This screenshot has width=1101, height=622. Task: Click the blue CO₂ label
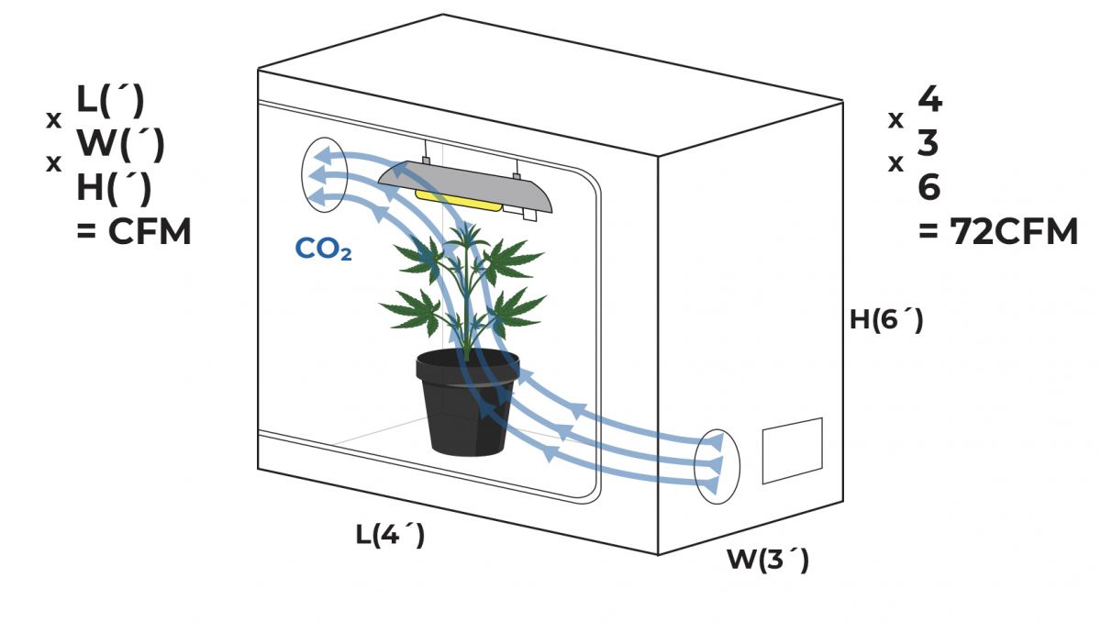[323, 250]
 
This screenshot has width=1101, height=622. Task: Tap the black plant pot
[467, 413]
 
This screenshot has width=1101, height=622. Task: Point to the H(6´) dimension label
[886, 320]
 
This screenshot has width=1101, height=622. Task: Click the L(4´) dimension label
[391, 534]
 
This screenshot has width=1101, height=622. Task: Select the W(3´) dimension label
[768, 559]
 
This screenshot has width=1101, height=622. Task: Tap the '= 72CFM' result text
[998, 232]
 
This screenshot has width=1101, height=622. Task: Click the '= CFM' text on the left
[134, 232]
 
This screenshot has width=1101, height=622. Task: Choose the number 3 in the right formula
[929, 144]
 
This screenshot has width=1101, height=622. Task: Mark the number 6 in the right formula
[929, 188]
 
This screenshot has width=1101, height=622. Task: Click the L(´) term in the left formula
[111, 100]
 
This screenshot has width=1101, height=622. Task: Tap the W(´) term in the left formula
[120, 144]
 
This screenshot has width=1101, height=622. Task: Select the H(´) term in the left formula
[114, 188]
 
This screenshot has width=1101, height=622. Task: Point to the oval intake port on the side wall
[716, 464]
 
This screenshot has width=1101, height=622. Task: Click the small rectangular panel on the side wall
[792, 450]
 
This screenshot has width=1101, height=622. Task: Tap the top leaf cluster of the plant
[468, 240]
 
